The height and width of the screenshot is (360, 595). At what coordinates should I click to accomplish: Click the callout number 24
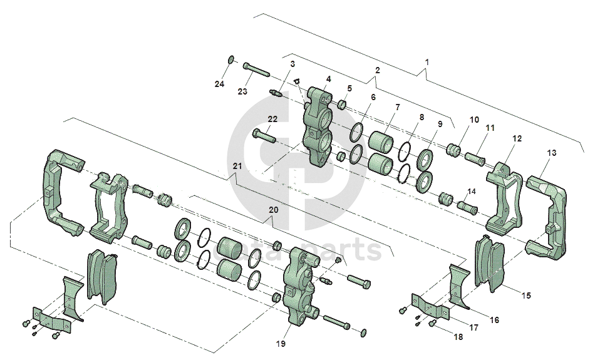pyautogui.click(x=220, y=85)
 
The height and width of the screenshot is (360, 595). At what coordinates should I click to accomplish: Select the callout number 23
pyautogui.click(x=242, y=91)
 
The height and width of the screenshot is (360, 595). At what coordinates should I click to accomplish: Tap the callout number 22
pyautogui.click(x=272, y=120)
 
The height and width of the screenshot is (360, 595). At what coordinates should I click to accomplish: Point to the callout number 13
pyautogui.click(x=551, y=153)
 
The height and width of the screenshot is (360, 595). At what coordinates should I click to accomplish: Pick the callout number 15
pyautogui.click(x=526, y=295)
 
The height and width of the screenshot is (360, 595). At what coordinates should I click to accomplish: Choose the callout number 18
pyautogui.click(x=458, y=337)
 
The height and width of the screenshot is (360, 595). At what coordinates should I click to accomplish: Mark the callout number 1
pyautogui.click(x=427, y=62)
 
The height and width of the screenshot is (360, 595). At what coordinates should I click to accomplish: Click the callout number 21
pyautogui.click(x=236, y=166)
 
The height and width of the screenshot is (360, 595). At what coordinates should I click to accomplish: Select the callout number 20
pyautogui.click(x=272, y=210)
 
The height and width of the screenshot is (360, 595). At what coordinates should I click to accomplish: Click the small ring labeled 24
pyautogui.click(x=230, y=59)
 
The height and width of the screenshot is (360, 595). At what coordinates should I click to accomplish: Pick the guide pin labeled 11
pyautogui.click(x=477, y=153)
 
